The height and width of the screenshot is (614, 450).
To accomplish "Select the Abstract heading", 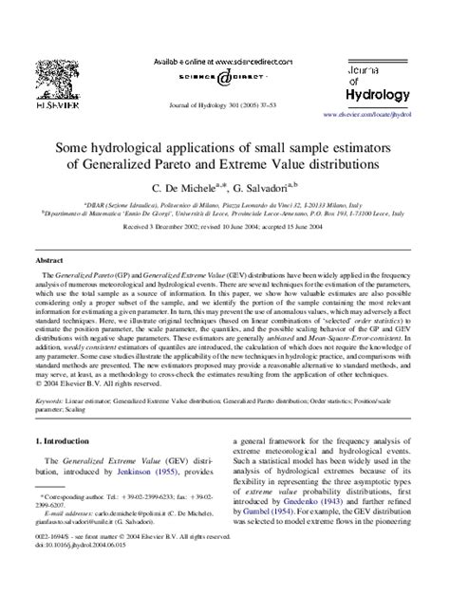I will point(49,258).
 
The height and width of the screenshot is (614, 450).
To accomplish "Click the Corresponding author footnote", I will point(71,550).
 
